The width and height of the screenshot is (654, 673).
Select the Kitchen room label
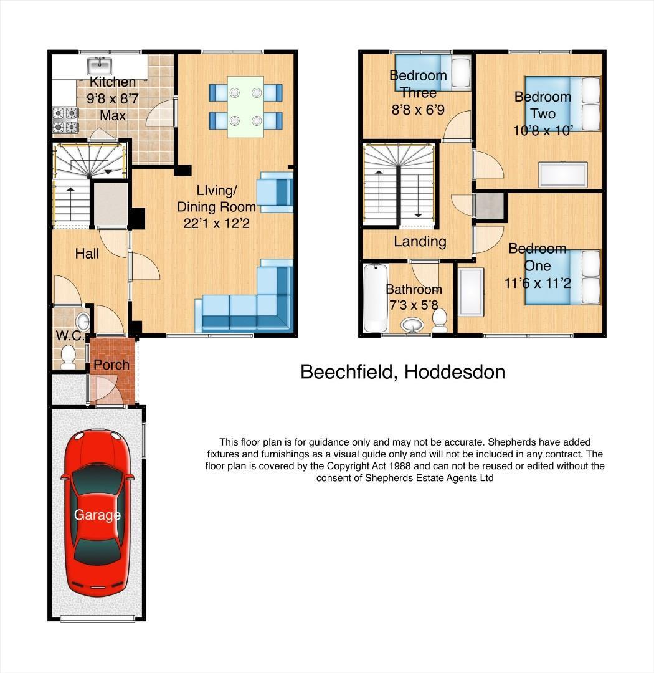[113, 82]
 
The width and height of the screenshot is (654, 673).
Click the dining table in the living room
[245, 106]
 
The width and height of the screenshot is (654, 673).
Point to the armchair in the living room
[275, 191]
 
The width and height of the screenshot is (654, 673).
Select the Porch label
[111, 365]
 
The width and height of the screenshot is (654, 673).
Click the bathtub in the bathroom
[375, 298]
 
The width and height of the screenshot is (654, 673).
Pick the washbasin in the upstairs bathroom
[410, 325]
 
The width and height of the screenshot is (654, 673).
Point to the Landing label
[420, 241]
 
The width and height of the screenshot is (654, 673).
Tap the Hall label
[87, 254]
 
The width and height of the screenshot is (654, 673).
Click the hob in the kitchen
[65, 120]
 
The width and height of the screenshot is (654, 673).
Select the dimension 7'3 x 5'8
[414, 306]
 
